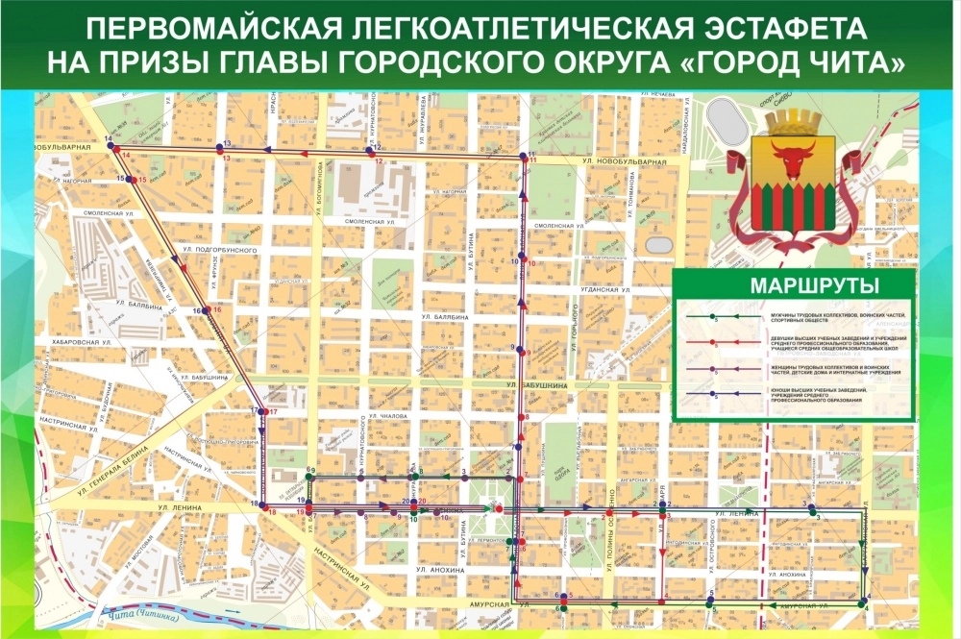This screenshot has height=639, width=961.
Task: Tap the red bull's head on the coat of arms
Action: click(x=793, y=163)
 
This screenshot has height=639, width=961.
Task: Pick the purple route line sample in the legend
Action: click(x=712, y=369)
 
